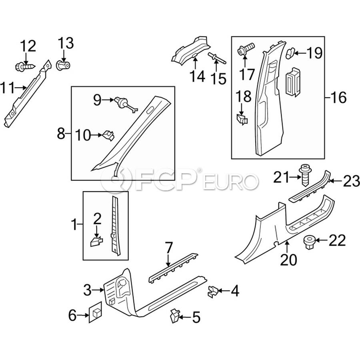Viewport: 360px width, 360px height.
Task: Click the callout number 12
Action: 28,47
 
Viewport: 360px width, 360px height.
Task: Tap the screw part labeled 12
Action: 24,66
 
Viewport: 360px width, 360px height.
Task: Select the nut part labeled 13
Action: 62,65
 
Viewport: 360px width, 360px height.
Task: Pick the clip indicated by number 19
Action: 291,52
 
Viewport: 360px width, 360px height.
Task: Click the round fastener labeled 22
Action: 309,241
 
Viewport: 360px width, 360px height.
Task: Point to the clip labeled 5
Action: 175,315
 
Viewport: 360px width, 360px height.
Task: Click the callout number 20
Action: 288,260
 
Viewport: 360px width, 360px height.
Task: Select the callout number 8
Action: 61,133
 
